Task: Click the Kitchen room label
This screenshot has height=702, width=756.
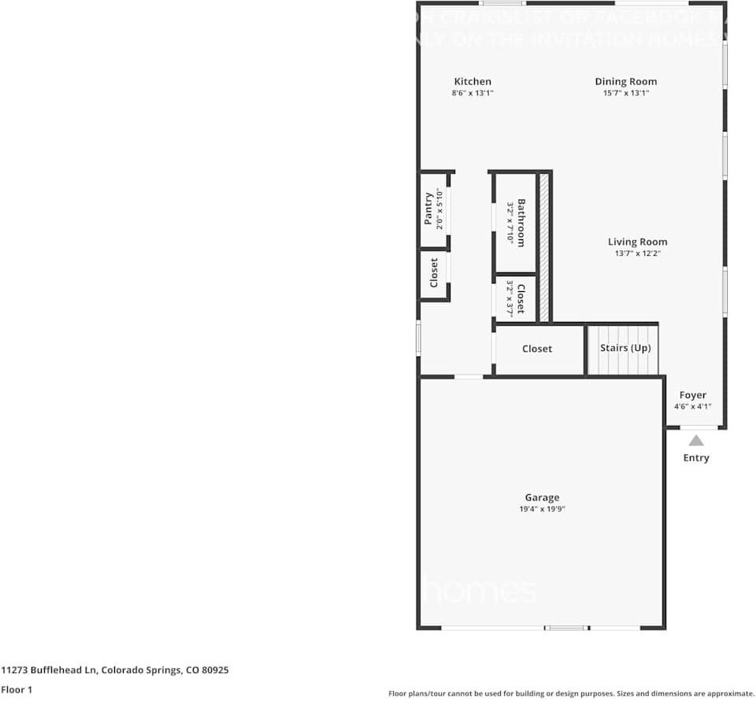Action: coord(472,82)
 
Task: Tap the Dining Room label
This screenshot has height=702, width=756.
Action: coord(625,82)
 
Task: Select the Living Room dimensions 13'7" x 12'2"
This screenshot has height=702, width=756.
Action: coord(637,253)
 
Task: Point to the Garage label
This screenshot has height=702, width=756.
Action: coord(542,497)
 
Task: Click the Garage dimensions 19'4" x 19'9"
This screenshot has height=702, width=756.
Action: coord(542,509)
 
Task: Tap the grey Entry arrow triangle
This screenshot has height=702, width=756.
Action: coord(696,441)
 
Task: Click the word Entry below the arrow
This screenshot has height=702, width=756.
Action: coord(696,458)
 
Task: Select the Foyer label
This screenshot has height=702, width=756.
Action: coord(693,395)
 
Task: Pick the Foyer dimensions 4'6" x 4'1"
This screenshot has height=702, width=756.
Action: coord(693,407)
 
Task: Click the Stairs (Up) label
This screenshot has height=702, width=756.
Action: coord(625,348)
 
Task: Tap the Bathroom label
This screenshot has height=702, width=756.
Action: coord(521,223)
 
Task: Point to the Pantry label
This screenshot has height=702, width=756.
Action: coord(428,209)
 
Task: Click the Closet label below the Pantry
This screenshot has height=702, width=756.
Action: coord(434,273)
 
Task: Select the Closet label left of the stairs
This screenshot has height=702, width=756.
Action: coord(537,349)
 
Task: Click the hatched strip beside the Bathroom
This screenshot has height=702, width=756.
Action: coord(543,247)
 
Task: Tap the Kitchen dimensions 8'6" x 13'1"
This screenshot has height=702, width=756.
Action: coord(472,93)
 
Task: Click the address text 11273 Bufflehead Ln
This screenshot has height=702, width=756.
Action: coord(49,671)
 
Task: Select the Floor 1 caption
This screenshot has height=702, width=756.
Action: coord(17,689)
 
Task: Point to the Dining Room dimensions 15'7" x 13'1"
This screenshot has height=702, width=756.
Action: coord(625,93)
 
